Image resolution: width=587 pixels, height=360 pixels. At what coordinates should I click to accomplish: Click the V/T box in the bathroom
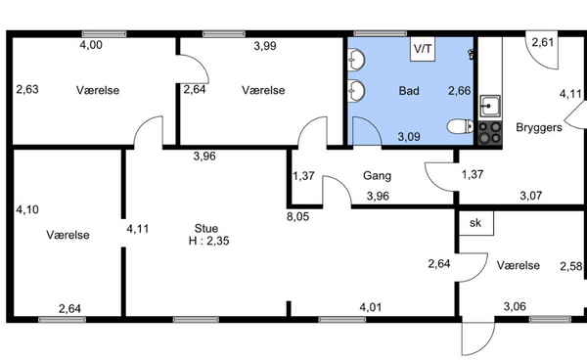click(x=423, y=49)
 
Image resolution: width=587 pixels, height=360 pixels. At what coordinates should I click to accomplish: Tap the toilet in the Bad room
click(x=460, y=126)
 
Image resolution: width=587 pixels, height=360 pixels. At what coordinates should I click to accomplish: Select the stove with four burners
click(x=490, y=133)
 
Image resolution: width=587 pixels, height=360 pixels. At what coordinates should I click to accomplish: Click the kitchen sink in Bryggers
click(x=490, y=107)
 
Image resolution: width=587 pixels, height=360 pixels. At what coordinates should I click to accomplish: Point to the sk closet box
click(x=476, y=223)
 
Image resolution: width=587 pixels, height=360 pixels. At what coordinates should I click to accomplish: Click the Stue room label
click(x=205, y=228)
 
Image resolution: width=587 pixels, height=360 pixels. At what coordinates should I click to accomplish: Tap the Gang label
click(x=377, y=175)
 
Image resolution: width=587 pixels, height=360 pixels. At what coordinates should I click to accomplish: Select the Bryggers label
click(x=539, y=127)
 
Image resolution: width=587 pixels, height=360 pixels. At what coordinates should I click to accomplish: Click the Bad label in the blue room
click(x=409, y=91)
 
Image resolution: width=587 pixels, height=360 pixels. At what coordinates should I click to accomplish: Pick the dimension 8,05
click(x=298, y=216)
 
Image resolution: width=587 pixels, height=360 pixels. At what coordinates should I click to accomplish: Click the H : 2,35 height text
click(x=209, y=241)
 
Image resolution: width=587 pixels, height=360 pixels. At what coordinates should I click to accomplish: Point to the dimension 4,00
click(x=91, y=45)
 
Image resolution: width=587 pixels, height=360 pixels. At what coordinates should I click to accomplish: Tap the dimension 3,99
click(x=265, y=46)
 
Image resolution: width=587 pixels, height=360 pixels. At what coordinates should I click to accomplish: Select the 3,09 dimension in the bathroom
click(x=409, y=137)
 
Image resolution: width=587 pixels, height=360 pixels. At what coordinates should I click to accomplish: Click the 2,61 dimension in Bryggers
click(x=543, y=42)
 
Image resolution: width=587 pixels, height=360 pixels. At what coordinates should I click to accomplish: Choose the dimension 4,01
click(x=371, y=307)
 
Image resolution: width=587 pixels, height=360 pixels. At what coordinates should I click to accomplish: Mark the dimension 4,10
click(x=27, y=209)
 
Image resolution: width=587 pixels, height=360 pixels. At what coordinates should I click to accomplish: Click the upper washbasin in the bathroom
click(x=356, y=60)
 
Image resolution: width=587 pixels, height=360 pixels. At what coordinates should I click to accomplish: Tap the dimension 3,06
click(x=515, y=307)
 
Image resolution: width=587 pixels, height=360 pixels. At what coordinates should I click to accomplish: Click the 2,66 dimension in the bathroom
click(x=460, y=91)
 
